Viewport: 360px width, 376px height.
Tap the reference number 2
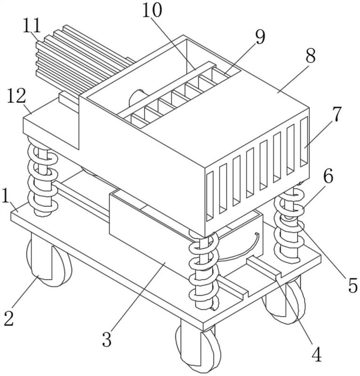pyautogui.click(x=8, y=318)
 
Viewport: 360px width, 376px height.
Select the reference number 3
pyautogui.click(x=107, y=339)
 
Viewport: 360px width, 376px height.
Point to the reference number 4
pyautogui.click(x=317, y=354)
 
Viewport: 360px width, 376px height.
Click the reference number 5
pyautogui.click(x=352, y=286)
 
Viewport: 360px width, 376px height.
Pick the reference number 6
pyautogui.click(x=328, y=176)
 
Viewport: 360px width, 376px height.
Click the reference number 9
pyautogui.click(x=260, y=37)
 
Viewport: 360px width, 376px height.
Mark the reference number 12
pyautogui.click(x=16, y=96)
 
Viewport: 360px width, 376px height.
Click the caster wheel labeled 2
pyautogui.click(x=49, y=263)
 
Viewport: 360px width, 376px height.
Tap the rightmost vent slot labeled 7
pyautogui.click(x=304, y=141)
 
